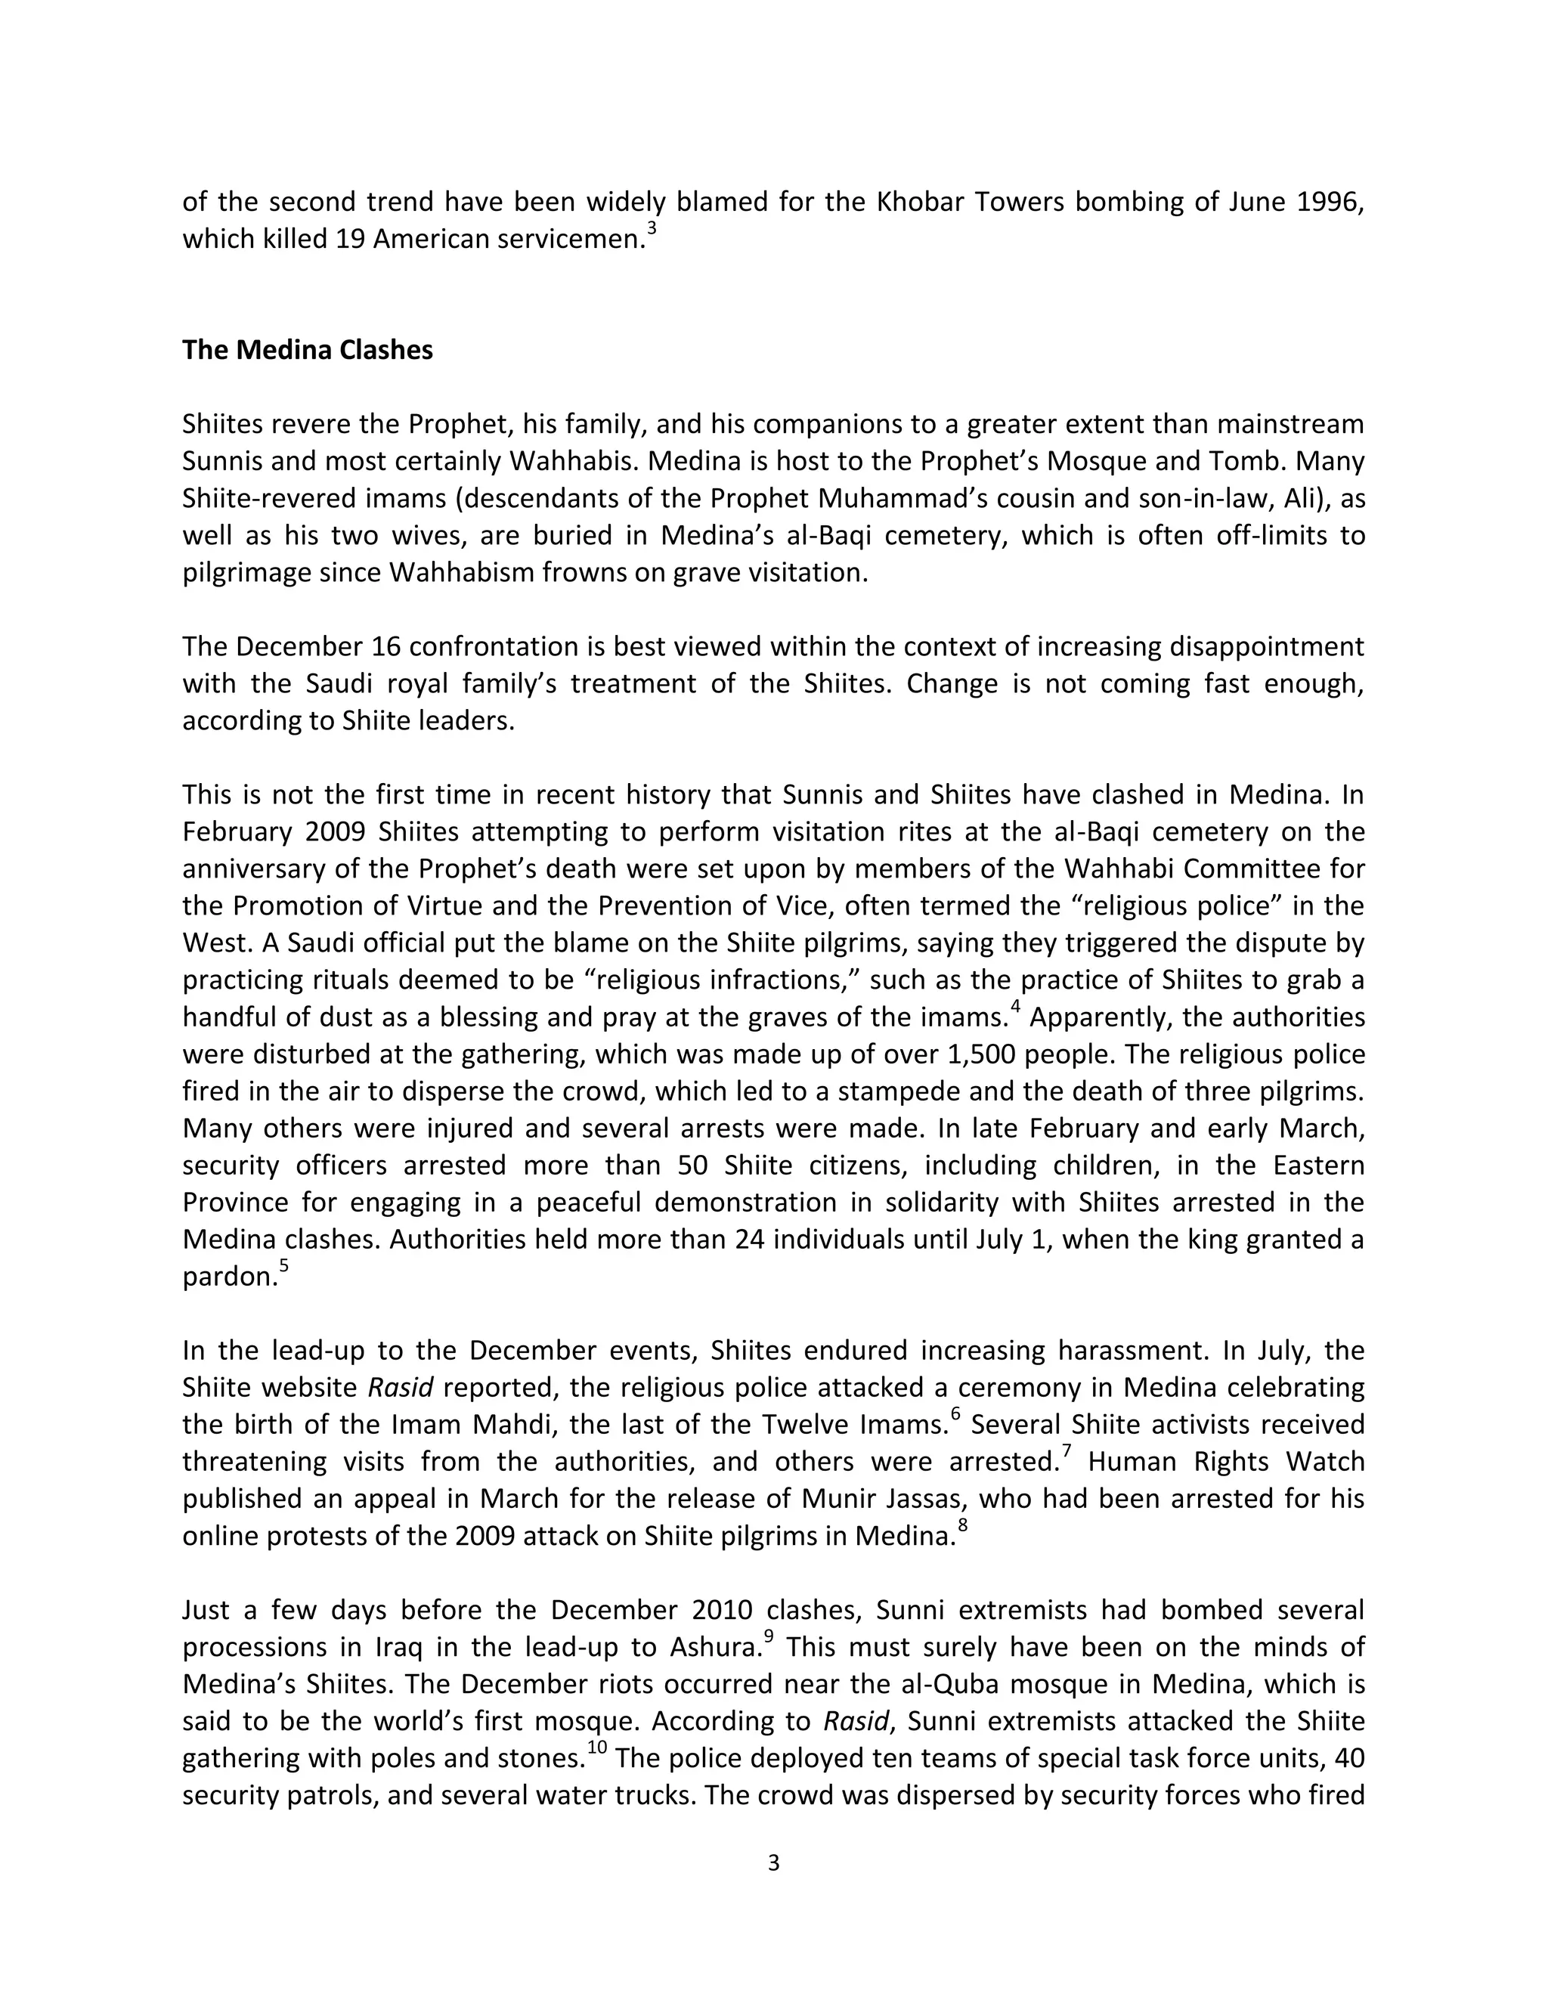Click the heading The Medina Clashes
tap(307, 351)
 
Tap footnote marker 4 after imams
tap(1015, 1009)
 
